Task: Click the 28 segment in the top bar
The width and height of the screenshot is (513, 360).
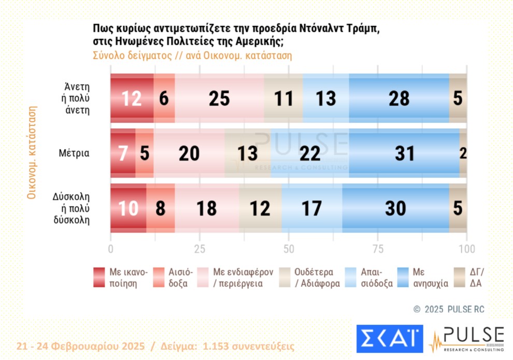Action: coord(399,98)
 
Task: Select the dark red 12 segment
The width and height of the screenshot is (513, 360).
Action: coord(132,98)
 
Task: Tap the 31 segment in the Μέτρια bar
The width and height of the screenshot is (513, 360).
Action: coord(404,153)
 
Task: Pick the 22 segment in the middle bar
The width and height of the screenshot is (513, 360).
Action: coord(310,153)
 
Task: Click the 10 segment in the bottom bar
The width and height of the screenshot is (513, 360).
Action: coord(128,208)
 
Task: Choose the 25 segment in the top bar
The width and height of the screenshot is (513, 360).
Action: coord(220,98)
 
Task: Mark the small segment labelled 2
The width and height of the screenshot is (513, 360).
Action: coord(463,153)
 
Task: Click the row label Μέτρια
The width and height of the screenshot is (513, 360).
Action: coord(74,153)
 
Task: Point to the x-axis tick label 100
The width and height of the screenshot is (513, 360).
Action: coord(467,249)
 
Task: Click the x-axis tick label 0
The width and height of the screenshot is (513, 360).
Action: coord(110,249)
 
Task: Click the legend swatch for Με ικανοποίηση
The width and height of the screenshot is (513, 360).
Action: coord(99,278)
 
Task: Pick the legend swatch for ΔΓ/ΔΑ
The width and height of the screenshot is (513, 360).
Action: coord(459,278)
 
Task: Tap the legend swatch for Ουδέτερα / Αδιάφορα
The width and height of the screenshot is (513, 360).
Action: coord(286,278)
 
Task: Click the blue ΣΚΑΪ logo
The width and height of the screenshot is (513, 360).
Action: coord(389,339)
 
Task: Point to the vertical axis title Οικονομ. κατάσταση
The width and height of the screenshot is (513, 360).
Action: coord(32,153)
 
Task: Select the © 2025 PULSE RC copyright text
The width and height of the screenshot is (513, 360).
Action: coord(449,309)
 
